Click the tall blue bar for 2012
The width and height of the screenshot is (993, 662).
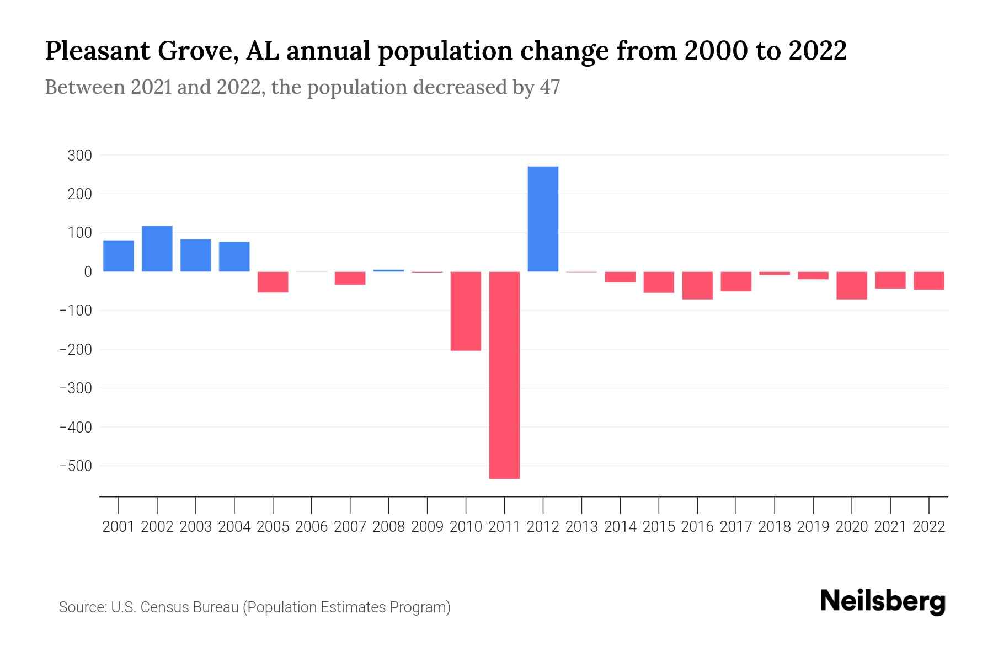click(543, 219)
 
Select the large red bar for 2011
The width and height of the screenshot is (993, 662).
click(504, 375)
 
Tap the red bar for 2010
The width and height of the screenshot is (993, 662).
click(466, 311)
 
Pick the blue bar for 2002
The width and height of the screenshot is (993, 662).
click(157, 249)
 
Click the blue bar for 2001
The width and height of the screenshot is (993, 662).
click(119, 256)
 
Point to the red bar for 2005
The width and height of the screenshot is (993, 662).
click(273, 282)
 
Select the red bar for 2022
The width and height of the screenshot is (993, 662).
click(929, 281)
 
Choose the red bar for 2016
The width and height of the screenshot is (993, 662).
click(697, 285)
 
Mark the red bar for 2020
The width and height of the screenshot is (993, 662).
click(852, 285)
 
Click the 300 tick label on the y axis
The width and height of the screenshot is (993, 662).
click(79, 156)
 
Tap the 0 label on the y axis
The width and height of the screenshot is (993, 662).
click(88, 272)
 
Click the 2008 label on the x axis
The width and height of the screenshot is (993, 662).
click(388, 527)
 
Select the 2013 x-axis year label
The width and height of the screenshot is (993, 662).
click(581, 527)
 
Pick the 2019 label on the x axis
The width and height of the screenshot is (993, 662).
click(813, 527)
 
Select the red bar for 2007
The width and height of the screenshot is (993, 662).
click(350, 278)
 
